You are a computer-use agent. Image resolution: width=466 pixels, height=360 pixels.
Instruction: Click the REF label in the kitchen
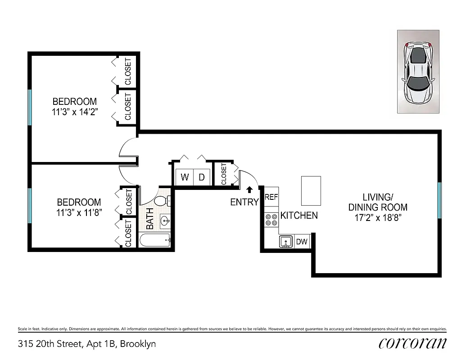(x=271, y=197)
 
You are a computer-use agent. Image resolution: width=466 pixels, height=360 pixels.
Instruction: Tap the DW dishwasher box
(x=302, y=242)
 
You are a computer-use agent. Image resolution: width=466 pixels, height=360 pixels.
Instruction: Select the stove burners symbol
(x=271, y=220)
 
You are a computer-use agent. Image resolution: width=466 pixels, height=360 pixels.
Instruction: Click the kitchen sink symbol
(x=286, y=242)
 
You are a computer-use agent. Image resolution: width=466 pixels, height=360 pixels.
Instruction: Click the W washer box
(x=185, y=177)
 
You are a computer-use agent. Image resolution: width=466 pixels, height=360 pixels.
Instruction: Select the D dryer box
(x=202, y=177)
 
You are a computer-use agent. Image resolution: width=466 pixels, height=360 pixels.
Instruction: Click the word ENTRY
(x=244, y=202)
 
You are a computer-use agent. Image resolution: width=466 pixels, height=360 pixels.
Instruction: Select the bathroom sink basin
(x=165, y=220)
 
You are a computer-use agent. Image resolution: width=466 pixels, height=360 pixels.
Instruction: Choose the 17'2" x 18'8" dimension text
(x=378, y=217)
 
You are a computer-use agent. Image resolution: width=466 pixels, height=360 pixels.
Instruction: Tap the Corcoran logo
(x=413, y=343)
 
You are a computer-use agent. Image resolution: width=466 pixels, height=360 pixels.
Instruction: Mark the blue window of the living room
(x=439, y=200)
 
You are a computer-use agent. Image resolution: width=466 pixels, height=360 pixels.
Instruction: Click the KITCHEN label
(x=299, y=216)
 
